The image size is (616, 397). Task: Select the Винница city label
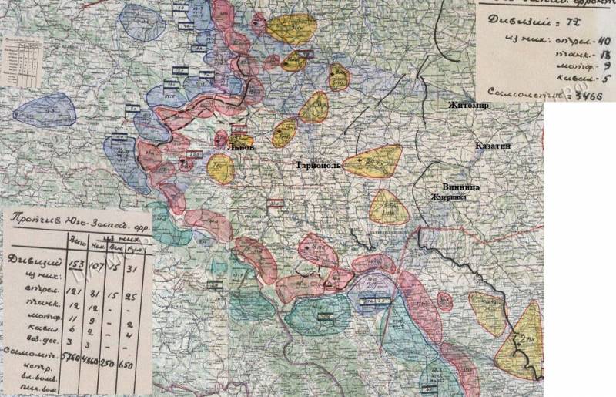point(461,187)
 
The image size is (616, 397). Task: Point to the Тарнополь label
point(318,165)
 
